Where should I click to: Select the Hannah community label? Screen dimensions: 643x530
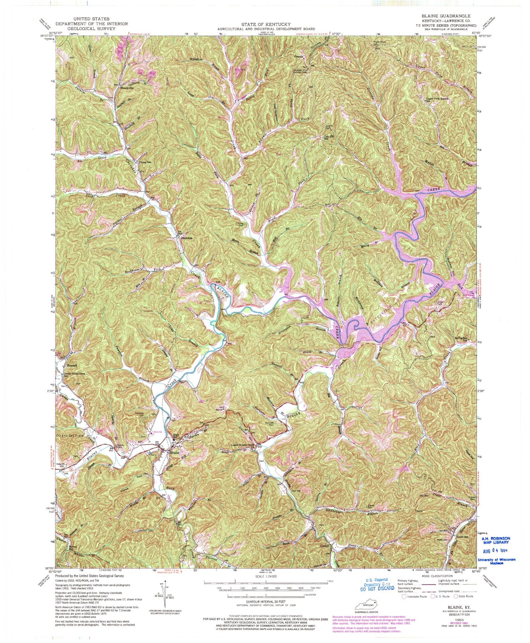coord(71,365)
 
